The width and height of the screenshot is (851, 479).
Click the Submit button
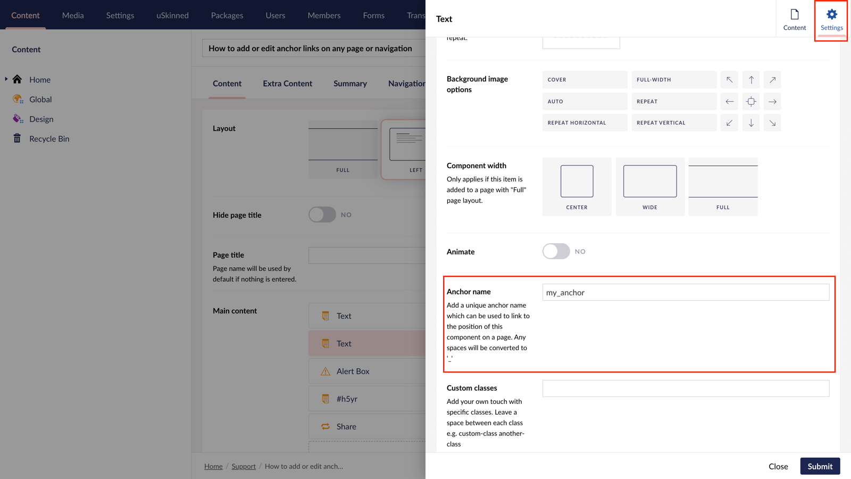pos(820,466)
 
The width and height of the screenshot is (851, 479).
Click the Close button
pos(778,466)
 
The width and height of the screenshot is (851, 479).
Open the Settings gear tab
pos(831,20)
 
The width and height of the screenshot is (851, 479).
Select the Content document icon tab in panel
pos(794,20)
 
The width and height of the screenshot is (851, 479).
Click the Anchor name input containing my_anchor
pos(685,292)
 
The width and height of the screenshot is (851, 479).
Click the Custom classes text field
pos(685,389)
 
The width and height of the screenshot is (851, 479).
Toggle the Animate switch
pos(556,251)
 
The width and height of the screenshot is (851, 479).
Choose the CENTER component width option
pos(577,186)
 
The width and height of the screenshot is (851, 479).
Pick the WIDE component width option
pos(650,186)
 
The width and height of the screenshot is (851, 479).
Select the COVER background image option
pos(585,80)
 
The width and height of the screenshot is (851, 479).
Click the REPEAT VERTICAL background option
pos(674,123)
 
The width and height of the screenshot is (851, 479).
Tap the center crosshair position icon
pos(751,101)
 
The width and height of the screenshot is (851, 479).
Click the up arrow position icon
pos(751,80)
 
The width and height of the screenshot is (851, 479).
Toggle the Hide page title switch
pos(322,214)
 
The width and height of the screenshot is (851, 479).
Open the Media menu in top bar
pos(73,15)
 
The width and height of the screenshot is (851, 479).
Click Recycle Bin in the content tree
pos(49,139)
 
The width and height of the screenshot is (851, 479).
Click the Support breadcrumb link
pos(244,466)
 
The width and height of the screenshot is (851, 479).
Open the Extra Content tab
pos(287,84)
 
